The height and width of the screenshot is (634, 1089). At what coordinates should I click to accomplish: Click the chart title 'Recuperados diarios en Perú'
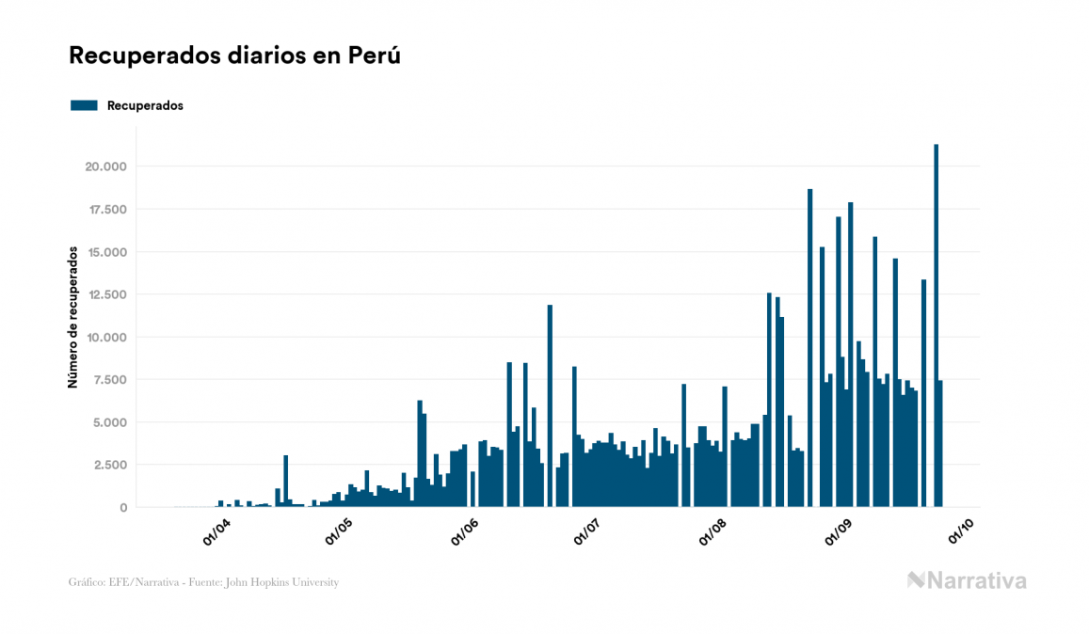(235, 55)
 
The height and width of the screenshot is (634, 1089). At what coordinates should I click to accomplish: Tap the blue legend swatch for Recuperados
(84, 105)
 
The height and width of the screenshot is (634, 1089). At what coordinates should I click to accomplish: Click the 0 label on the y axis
(124, 508)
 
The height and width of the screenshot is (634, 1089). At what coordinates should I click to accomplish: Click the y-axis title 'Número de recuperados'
(72, 318)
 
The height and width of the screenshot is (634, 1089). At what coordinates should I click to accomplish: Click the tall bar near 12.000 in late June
(550, 405)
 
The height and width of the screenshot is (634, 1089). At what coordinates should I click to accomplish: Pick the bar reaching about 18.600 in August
(809, 348)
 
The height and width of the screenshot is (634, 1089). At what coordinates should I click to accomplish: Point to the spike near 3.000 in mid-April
(285, 481)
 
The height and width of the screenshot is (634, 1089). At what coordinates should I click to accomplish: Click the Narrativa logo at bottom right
(967, 580)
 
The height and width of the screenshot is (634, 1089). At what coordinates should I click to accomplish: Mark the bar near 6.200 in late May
(420, 453)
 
